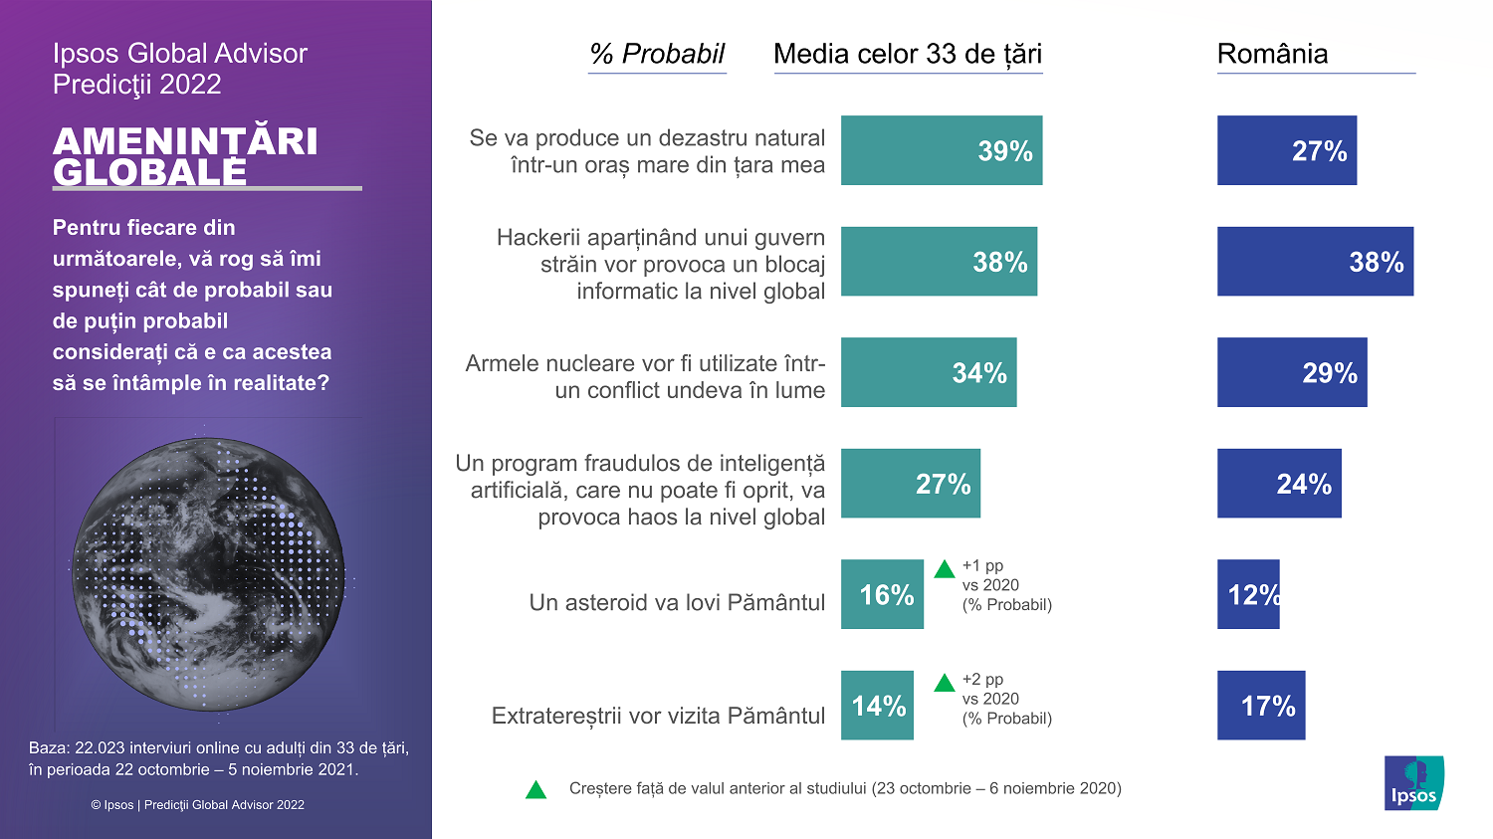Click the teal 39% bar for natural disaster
pos(941,150)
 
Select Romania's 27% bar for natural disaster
pos(1286,150)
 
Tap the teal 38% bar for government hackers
pos(939,262)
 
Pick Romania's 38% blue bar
pos(1315,262)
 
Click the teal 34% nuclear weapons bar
pos(929,372)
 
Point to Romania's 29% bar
pos(1291,372)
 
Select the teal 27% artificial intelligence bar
pos(910,484)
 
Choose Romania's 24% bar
pos(1279,484)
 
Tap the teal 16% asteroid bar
pos(882,594)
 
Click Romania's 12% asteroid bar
pos(1248,594)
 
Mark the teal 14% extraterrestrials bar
pos(877,706)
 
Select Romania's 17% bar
pos(1260,706)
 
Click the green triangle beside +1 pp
pos(945,570)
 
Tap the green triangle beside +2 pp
pos(945,683)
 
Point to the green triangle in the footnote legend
pos(535,790)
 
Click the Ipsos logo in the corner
pos(1413,783)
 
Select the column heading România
pos(1272,54)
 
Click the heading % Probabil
pos(657,54)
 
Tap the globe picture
pos(208,574)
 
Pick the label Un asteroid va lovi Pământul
pos(677,602)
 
